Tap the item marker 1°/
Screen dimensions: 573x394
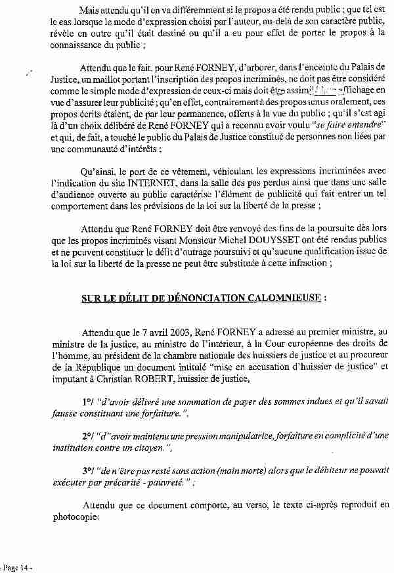pos(88,401)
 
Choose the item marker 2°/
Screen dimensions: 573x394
pos(88,436)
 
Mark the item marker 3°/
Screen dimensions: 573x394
pos(88,470)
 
